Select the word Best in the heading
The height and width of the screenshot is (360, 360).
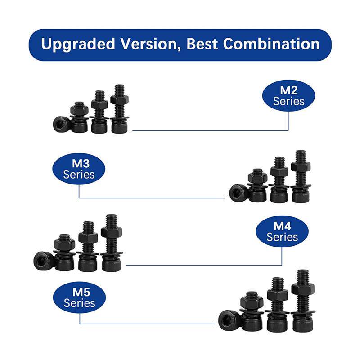click(x=202, y=44)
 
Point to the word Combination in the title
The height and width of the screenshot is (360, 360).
click(x=271, y=44)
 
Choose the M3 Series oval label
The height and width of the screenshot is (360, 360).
click(x=79, y=169)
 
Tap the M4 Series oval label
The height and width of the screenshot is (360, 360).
click(x=282, y=232)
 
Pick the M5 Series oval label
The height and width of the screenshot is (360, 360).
click(x=79, y=298)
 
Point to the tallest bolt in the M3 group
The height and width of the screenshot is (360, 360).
click(x=301, y=177)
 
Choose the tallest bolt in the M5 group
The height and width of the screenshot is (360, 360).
click(x=302, y=301)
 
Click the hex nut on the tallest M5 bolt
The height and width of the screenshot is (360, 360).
click(x=302, y=288)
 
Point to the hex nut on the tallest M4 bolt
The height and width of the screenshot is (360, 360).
click(x=111, y=232)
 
